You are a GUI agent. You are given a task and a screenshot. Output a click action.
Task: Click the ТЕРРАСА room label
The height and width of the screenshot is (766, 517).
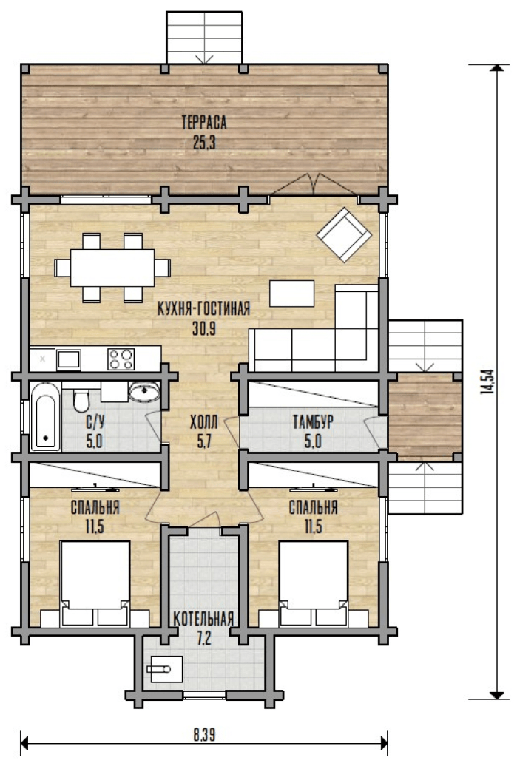coord(204,122)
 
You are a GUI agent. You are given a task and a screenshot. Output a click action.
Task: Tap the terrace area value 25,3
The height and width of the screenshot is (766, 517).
coord(204,143)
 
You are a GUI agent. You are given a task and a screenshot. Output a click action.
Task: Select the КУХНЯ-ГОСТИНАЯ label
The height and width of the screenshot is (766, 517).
coord(204,309)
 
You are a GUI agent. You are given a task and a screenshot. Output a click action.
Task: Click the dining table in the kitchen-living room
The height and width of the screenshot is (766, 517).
coord(112,268)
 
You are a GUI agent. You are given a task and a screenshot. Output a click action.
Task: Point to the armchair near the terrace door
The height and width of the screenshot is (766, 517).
coord(344,234)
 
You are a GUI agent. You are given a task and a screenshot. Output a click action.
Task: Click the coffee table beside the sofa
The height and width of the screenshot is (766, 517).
coord(291,293)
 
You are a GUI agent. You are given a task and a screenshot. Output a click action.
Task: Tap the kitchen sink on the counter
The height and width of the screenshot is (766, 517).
coord(68,359)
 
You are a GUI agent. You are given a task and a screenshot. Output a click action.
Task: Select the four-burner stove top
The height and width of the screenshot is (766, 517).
coord(121,359)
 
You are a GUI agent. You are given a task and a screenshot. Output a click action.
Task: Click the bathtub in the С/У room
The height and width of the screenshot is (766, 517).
coord(45,416)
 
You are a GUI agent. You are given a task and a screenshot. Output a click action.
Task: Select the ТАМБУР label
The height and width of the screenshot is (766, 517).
coord(313,421)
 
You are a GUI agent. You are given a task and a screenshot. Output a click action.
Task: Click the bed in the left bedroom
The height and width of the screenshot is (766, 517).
coord(95,583)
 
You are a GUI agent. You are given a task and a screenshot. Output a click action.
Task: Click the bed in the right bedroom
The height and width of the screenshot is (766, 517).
coord(313,583)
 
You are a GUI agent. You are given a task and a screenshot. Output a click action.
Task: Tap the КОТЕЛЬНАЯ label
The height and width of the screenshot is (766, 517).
coord(203,619)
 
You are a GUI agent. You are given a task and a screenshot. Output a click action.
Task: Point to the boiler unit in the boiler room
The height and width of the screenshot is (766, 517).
coord(165,669)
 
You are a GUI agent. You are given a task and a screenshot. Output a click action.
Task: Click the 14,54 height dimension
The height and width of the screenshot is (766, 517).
coord(487,382)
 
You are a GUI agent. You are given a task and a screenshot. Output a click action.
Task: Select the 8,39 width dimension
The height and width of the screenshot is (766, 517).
coord(204,734)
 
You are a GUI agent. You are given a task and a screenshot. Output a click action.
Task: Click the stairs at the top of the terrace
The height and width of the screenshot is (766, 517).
coord(204,38)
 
